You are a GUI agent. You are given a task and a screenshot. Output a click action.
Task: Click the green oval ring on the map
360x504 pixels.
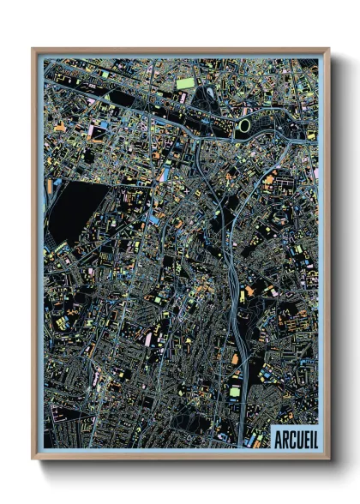pyautogui.click(x=245, y=126)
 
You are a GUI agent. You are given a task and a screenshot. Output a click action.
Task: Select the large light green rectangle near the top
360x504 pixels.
pyautogui.click(x=186, y=83)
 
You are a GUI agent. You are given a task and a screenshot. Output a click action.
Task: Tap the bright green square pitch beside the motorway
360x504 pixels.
pyautogui.click(x=234, y=392)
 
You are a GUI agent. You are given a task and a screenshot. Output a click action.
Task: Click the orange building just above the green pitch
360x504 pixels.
pyautogui.click(x=235, y=360)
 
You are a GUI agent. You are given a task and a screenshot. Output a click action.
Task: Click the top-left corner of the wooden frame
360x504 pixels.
pyautogui.click(x=33, y=50)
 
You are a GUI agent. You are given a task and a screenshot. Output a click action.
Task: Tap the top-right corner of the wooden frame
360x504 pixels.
pyautogui.click(x=328, y=50)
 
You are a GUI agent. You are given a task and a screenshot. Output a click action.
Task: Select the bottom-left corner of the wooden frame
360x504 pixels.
pyautogui.click(x=33, y=458)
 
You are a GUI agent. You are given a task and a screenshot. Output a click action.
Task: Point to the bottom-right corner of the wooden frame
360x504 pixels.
pyautogui.click(x=328, y=458)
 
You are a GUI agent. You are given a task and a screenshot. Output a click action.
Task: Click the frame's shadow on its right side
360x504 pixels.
pyautogui.click(x=335, y=257)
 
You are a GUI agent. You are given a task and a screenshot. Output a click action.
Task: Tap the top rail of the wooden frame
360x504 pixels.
pyautogui.click(x=180, y=51)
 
